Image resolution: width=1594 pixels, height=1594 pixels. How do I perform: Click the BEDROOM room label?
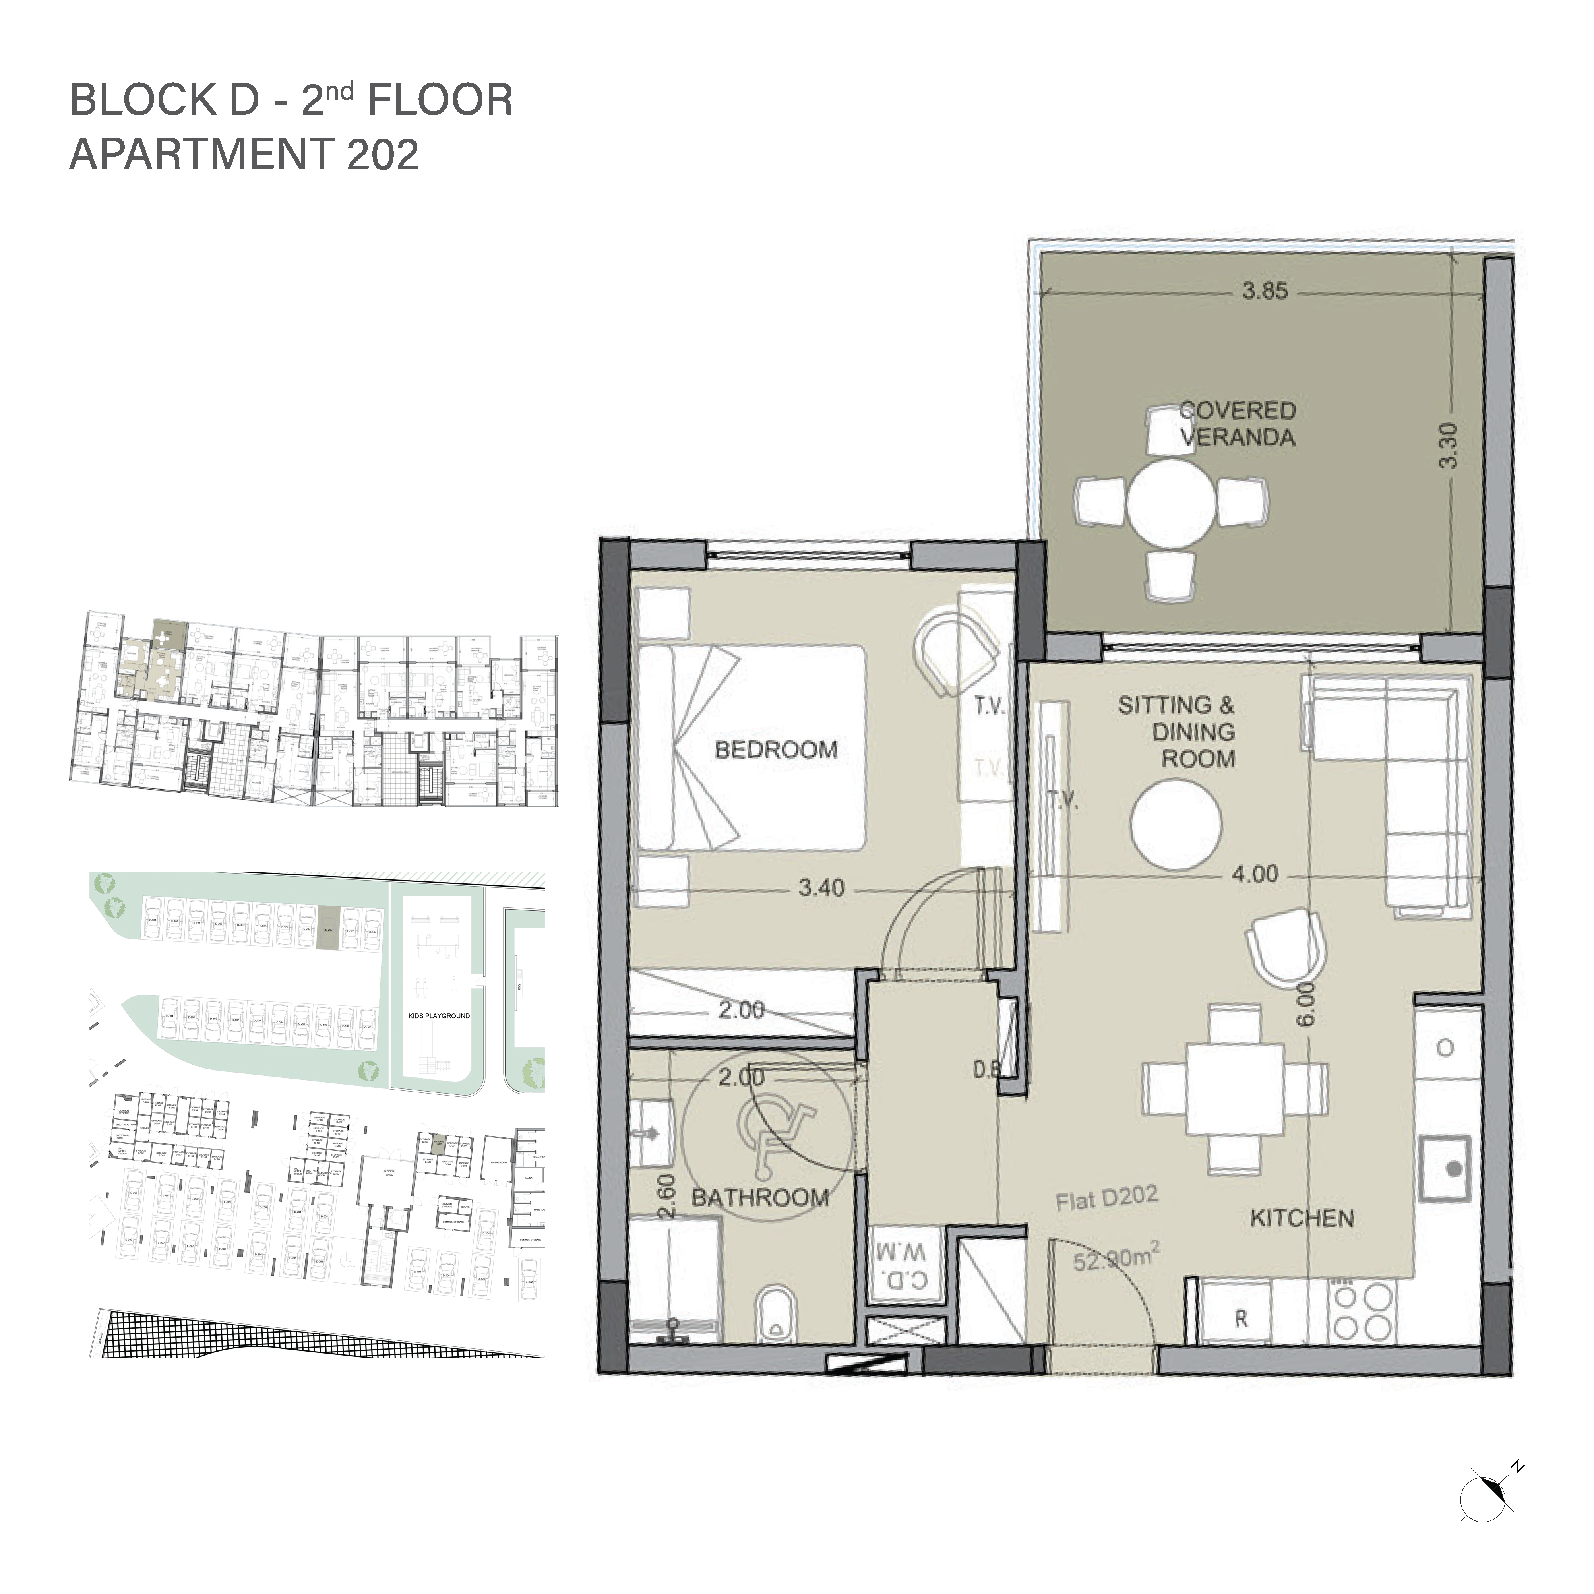click(776, 750)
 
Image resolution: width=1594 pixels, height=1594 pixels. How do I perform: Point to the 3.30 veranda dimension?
click(1448, 445)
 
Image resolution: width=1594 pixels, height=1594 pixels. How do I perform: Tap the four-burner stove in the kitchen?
click(1362, 1313)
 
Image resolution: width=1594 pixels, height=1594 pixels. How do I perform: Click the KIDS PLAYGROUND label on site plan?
click(439, 1016)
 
